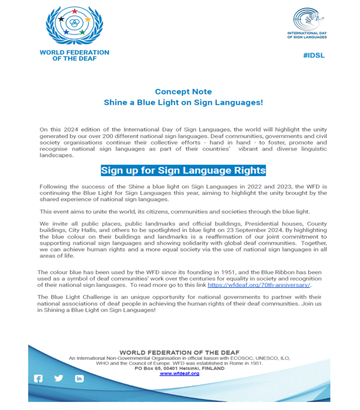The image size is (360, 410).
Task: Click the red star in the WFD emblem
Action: pos(75,11)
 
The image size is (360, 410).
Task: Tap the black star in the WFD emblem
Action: pos(61,19)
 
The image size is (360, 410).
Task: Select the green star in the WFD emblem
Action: pos(82,32)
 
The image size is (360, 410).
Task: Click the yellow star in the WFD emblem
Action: pos(88,19)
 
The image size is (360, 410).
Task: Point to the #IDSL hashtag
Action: pos(314,55)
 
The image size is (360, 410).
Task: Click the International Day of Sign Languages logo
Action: pos(307,23)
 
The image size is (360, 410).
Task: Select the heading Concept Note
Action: pos(183,91)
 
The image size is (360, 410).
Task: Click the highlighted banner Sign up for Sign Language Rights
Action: pos(183,170)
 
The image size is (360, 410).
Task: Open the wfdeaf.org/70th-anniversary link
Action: pos(259,285)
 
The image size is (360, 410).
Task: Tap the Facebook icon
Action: pos(38,378)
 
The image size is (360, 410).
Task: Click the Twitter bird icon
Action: pos(58,378)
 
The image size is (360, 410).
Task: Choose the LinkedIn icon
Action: pos(79,378)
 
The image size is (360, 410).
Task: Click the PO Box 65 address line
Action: pos(179,368)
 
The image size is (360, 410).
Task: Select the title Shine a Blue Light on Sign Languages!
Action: pos(183,102)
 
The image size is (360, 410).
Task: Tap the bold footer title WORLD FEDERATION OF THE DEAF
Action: pos(179,353)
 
